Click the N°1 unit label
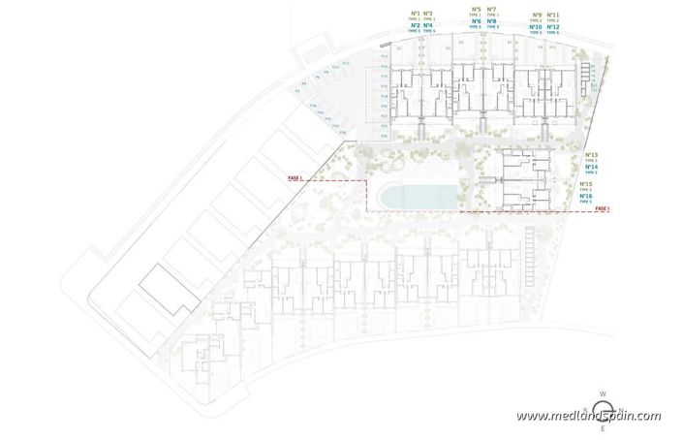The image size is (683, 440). pos(416,14)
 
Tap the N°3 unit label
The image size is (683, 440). pos(428,14)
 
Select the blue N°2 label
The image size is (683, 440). pos(416,25)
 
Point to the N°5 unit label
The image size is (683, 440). pos(476,11)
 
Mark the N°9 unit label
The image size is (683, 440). pos(537,15)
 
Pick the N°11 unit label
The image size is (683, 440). pos(553,15)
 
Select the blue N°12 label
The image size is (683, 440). pos(553,27)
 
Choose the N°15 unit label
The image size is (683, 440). pos(587,184)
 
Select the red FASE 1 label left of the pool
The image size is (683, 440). pos(295,179)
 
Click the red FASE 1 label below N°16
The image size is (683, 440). pos(603,209)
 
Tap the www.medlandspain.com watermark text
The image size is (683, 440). pos(588,417)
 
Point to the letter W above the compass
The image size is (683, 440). pos(602,395)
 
